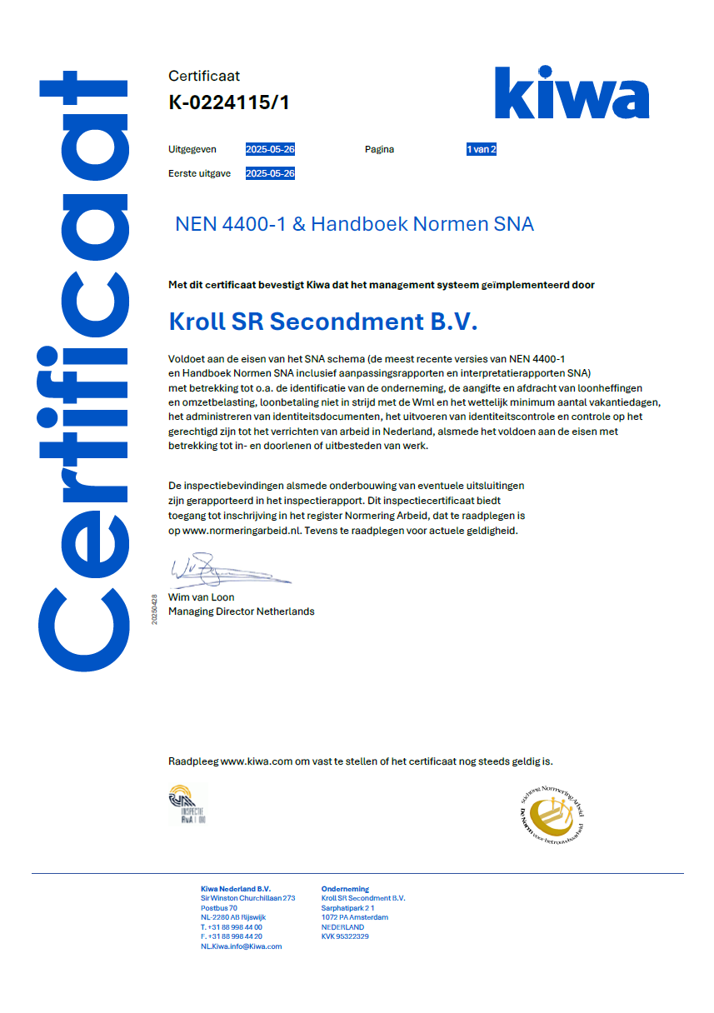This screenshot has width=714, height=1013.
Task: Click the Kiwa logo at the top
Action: click(572, 92)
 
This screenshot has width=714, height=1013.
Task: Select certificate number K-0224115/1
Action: click(229, 102)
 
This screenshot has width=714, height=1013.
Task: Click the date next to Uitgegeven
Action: click(270, 150)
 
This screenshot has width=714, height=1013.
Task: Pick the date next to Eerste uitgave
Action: click(270, 174)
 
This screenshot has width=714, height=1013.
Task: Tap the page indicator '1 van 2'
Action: click(482, 150)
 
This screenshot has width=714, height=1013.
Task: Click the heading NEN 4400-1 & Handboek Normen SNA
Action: click(354, 224)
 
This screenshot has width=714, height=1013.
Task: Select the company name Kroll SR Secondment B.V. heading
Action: click(323, 322)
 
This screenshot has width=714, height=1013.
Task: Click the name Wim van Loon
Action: click(202, 597)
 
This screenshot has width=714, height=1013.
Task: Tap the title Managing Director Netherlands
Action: click(242, 611)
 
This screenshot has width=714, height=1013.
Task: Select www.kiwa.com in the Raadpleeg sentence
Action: click(257, 761)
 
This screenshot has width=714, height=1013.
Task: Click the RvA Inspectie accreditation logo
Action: click(187, 805)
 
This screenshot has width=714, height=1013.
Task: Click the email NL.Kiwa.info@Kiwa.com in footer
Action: click(241, 946)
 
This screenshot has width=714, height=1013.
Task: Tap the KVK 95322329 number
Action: click(345, 936)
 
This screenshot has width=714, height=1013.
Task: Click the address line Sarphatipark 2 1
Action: click(347, 908)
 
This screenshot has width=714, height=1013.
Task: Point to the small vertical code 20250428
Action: click(154, 610)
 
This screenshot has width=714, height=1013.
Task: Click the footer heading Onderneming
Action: click(345, 889)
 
